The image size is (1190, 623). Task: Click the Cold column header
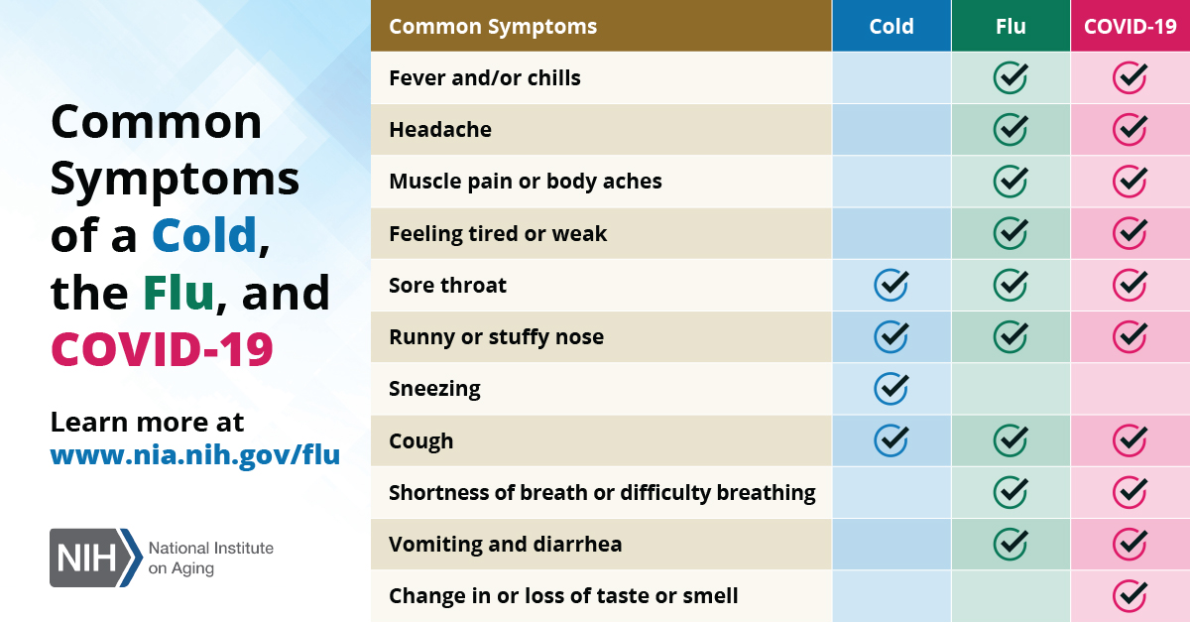pyautogui.click(x=891, y=26)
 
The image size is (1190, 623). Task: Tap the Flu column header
pyautogui.click(x=1011, y=26)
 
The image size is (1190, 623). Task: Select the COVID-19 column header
pyautogui.click(x=1130, y=26)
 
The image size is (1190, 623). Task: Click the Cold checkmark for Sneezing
pyautogui.click(x=891, y=389)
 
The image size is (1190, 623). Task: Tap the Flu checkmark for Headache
pyautogui.click(x=1011, y=129)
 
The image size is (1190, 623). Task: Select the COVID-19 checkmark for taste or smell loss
pyautogui.click(x=1130, y=596)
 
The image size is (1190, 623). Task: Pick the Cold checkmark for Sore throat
pyautogui.click(x=891, y=285)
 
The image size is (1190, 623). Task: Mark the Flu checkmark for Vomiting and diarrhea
pyautogui.click(x=1011, y=544)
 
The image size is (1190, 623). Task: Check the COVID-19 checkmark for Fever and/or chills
pyautogui.click(x=1130, y=77)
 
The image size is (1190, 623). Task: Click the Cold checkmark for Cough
pyautogui.click(x=891, y=440)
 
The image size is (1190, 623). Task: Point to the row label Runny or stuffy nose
pyautogui.click(x=496, y=337)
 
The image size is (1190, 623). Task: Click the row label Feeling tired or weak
pyautogui.click(x=498, y=234)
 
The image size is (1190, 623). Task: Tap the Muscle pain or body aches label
pyautogui.click(x=526, y=182)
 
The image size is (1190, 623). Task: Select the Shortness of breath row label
pyautogui.click(x=602, y=493)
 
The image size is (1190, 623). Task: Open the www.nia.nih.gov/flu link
pyautogui.click(x=195, y=455)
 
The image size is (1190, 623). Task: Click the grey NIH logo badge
pyautogui.click(x=95, y=558)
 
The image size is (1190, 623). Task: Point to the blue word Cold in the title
pyautogui.click(x=204, y=234)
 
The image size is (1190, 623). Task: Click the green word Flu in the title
pyautogui.click(x=178, y=292)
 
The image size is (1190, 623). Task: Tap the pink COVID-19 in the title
pyautogui.click(x=162, y=349)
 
